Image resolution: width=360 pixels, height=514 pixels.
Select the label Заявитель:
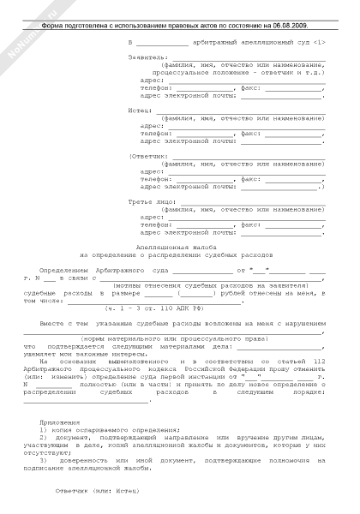143,59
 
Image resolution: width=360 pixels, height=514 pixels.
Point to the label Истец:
138,110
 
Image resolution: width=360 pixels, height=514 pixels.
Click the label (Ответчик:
144,156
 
